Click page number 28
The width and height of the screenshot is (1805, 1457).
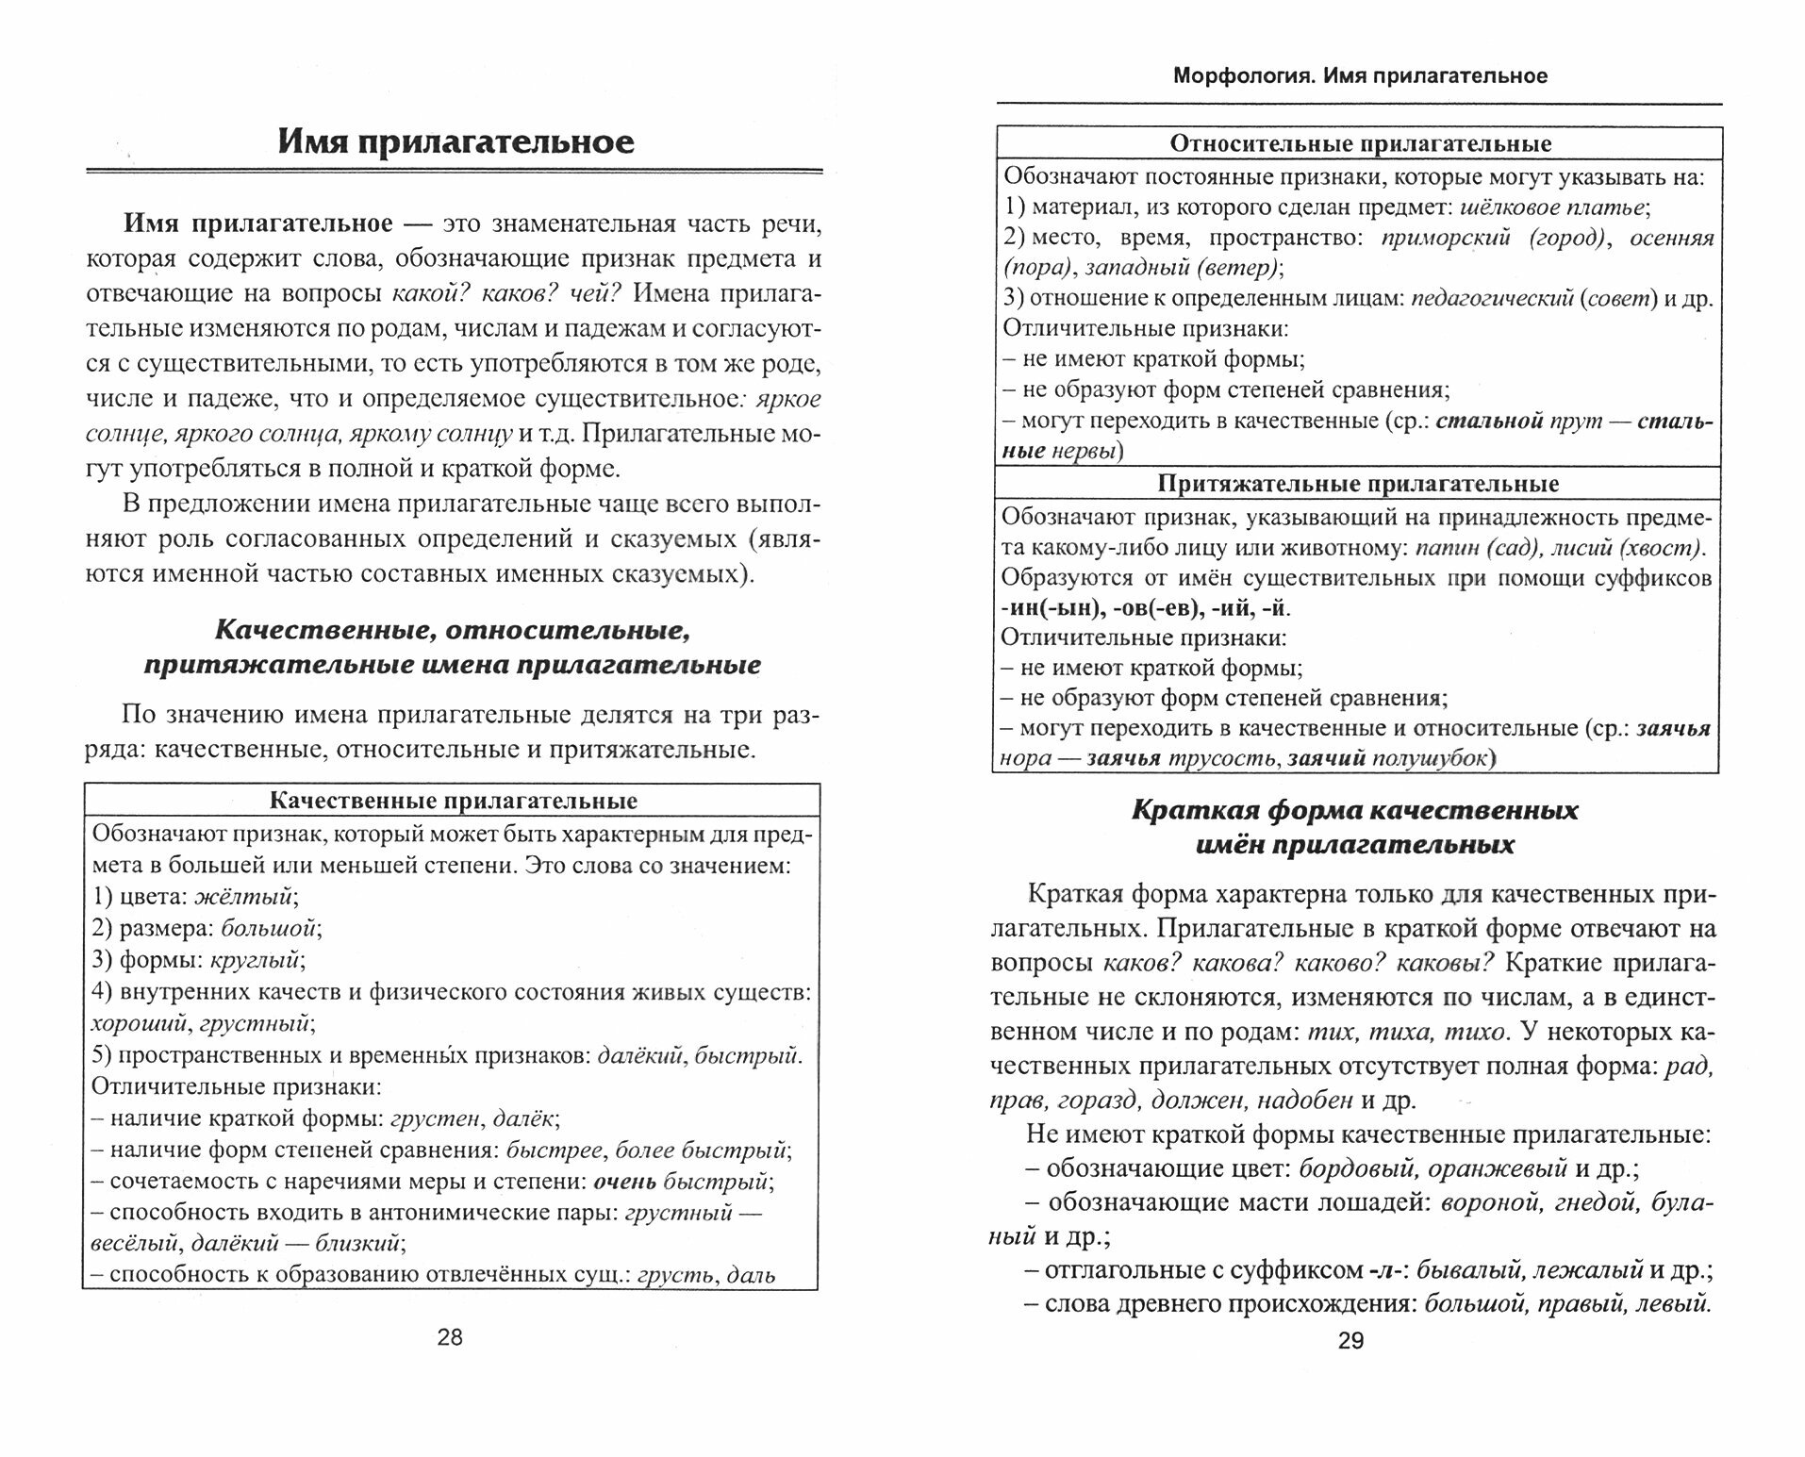(451, 1336)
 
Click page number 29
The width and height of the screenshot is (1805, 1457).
(1351, 1341)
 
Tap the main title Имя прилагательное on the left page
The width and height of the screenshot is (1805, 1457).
(455, 141)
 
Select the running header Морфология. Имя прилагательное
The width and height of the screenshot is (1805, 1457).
(1360, 76)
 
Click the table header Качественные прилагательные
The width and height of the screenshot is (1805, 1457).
(453, 801)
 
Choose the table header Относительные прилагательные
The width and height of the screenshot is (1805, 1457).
(1360, 143)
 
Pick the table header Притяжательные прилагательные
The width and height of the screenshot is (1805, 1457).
(1358, 484)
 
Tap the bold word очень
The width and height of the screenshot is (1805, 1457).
(629, 1181)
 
